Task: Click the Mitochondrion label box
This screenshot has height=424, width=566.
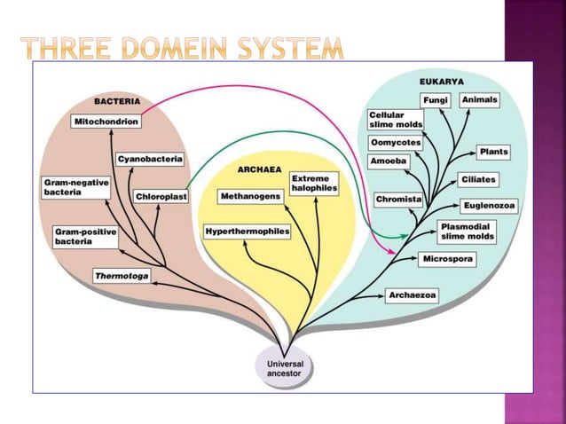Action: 105,120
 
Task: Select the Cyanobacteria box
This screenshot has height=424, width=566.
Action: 150,159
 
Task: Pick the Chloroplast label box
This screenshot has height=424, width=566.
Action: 161,196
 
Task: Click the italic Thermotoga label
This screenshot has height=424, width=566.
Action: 122,276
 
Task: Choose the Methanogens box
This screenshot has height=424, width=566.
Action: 250,195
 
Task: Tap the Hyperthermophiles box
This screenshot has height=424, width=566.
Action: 248,232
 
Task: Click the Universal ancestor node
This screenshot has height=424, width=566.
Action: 285,367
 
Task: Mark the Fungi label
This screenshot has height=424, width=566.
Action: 435,99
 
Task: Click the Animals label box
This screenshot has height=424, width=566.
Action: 480,100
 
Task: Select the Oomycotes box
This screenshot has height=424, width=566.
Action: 396,143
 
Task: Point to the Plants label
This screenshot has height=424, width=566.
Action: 493,152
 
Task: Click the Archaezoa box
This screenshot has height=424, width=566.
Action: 413,295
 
